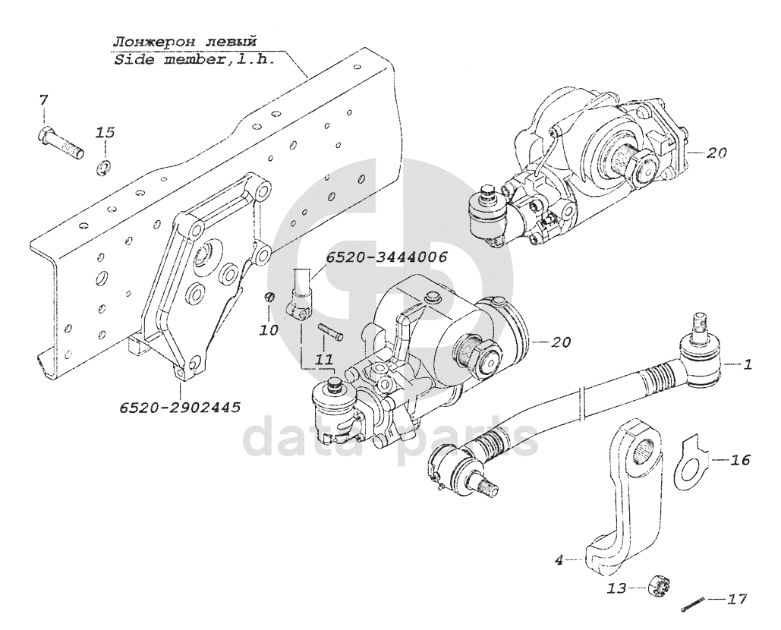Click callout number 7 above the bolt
tap(43, 99)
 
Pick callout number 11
tap(323, 357)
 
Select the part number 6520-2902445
tap(179, 408)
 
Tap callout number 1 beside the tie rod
tap(747, 365)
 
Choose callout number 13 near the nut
tap(619, 588)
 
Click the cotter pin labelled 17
tap(691, 605)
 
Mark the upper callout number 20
tap(716, 153)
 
